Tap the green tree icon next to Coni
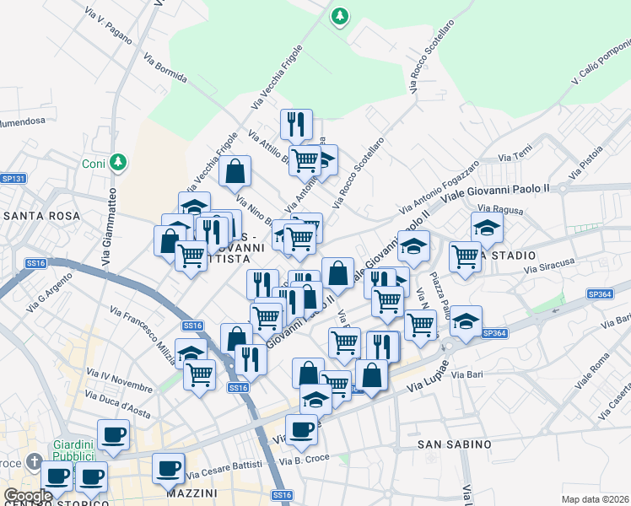point(120,161)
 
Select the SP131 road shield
point(13,179)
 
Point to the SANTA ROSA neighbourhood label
point(41,216)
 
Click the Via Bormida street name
point(165,69)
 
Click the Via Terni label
point(515,157)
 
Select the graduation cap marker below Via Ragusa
point(486,226)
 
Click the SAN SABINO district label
point(455,444)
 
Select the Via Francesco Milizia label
point(144,333)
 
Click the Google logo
point(28,496)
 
